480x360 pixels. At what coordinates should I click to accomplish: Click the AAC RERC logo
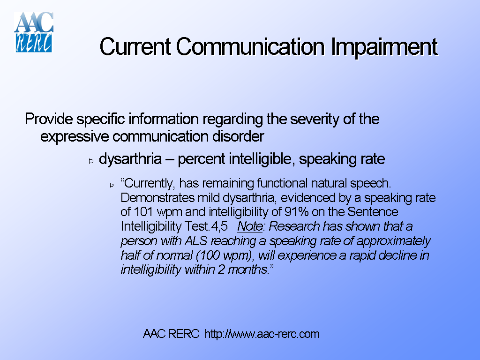[x=34, y=32]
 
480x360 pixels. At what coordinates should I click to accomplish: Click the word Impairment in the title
[x=384, y=47]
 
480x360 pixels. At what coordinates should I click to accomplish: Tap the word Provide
[x=49, y=119]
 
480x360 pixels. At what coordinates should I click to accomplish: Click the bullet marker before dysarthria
[x=91, y=161]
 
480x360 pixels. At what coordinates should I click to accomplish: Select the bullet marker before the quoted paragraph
[x=112, y=185]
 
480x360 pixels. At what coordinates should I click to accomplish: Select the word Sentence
[x=373, y=212]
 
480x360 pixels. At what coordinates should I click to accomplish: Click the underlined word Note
[x=249, y=226]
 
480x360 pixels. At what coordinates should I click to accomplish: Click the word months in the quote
[x=246, y=270]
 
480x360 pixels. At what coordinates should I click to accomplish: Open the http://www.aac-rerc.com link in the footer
[x=262, y=334]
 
